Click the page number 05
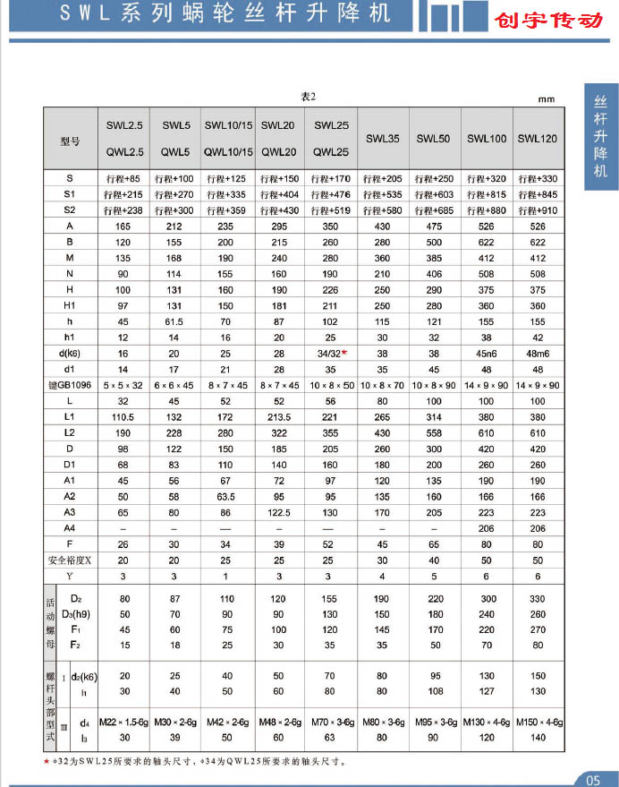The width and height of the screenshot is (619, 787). pos(597,775)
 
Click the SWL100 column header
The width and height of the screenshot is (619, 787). pos(487,139)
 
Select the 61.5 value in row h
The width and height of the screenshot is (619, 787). pos(174,322)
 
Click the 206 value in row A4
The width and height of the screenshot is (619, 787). pos(487,529)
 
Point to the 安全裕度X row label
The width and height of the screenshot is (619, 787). pos(70,560)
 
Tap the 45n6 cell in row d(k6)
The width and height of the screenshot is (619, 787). pos(487,354)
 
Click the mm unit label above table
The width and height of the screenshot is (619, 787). pos(546,100)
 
